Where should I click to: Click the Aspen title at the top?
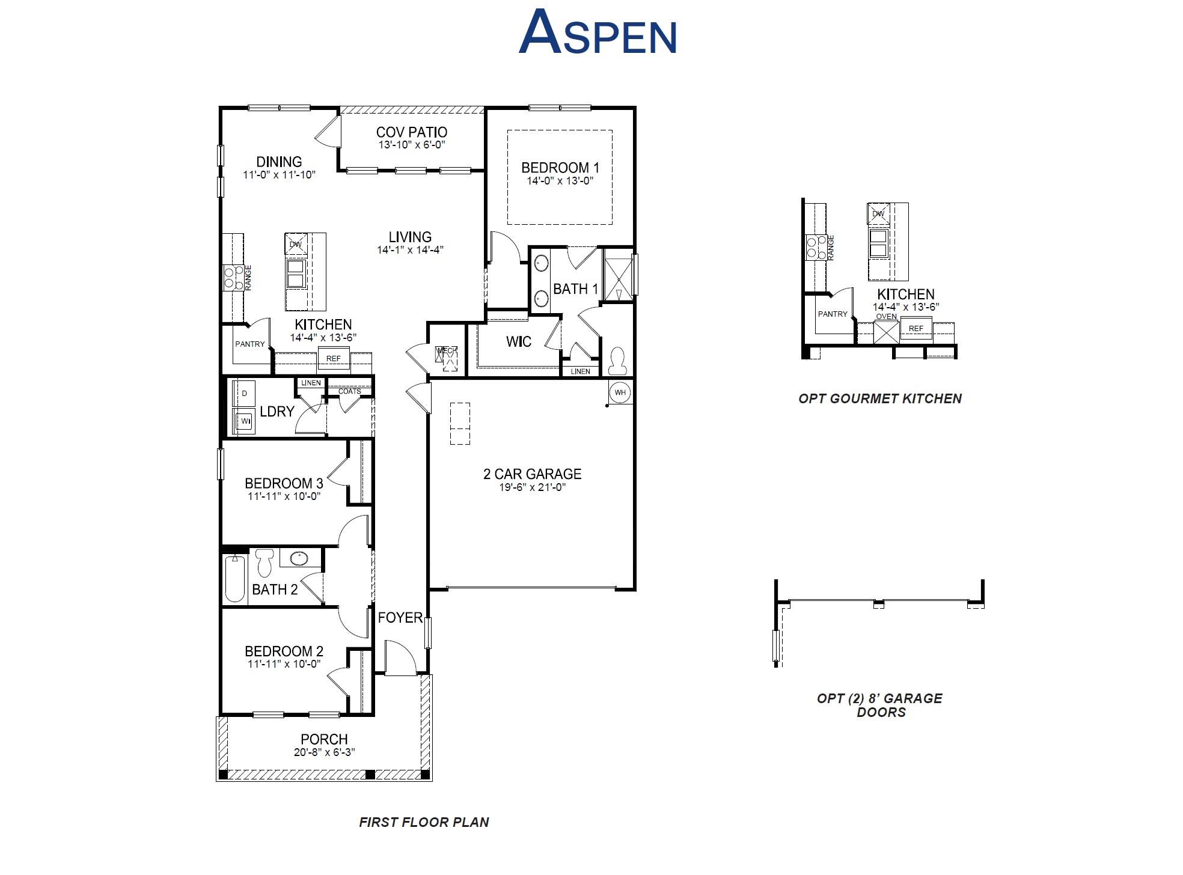coord(598,34)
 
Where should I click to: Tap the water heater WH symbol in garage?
coord(620,392)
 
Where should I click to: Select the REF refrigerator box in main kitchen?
coord(333,358)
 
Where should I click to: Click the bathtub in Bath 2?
coord(235,578)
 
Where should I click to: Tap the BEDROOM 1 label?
coord(560,168)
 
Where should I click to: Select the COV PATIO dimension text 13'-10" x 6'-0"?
coord(411,145)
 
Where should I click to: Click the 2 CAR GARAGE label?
coord(532,474)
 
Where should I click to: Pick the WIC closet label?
coord(518,342)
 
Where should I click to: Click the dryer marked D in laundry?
coord(245,394)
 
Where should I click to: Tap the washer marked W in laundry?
coord(245,421)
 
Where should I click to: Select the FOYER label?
coord(400,618)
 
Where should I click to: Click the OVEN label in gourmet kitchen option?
coord(886,317)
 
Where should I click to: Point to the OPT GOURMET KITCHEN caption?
coord(879,398)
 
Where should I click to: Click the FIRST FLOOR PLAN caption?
coord(424,822)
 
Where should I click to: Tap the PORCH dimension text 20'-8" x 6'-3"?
coord(324,752)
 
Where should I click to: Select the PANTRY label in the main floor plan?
coord(249,344)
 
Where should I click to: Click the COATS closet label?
coord(349,391)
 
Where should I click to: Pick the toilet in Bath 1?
coord(617,361)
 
